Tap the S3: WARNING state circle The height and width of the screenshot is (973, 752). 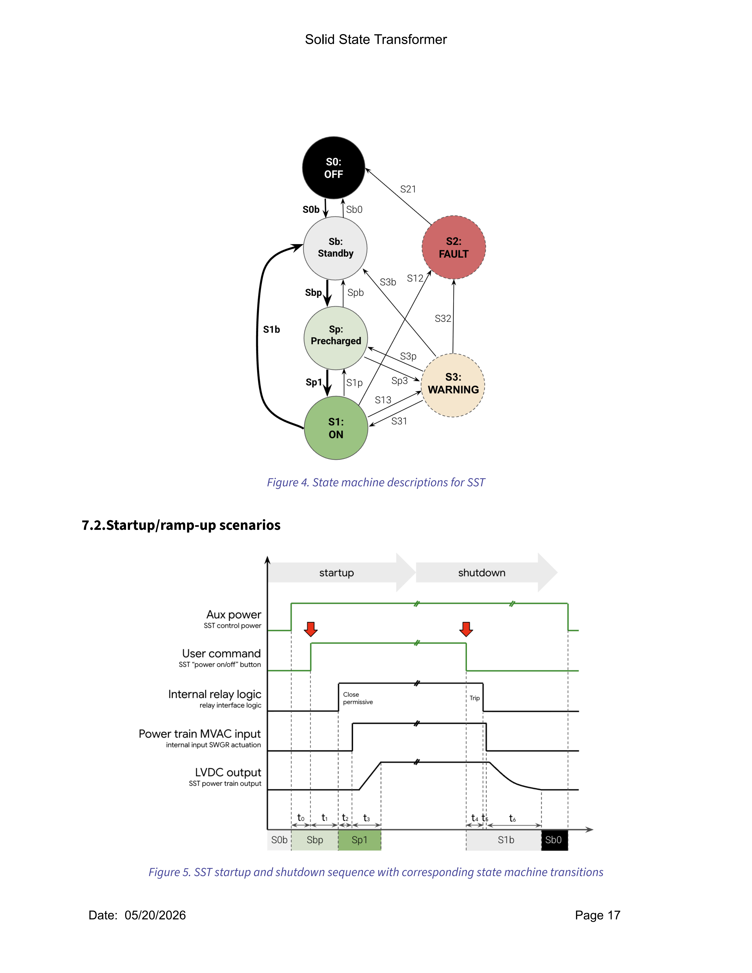click(453, 385)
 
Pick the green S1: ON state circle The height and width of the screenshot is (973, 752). click(336, 428)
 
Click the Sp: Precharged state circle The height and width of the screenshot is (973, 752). click(336, 338)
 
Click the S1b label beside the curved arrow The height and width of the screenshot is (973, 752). click(271, 330)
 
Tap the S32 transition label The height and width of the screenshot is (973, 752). click(443, 319)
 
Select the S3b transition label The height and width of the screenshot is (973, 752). click(388, 282)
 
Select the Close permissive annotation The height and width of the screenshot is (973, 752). click(358, 698)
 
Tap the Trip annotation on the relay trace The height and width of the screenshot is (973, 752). click(474, 698)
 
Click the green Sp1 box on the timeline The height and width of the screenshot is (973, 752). click(359, 840)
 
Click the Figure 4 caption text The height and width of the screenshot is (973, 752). click(376, 483)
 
